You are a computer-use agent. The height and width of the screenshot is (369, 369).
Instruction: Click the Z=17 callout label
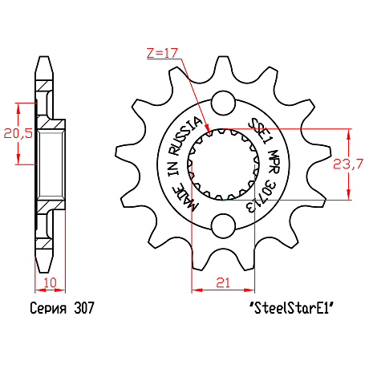pos(162,53)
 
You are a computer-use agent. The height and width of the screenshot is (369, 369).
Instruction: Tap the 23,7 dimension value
pos(348,164)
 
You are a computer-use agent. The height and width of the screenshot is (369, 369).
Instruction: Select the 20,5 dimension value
pos(18,133)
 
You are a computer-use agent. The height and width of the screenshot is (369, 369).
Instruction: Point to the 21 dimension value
pos(223,282)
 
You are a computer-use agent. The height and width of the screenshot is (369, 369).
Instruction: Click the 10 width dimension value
pos(50,282)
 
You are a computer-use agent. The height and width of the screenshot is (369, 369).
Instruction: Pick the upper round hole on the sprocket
pos(223,103)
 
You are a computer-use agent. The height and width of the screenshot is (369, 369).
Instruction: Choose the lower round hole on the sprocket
pos(223,225)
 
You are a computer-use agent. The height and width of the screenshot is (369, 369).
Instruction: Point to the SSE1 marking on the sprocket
pos(258,132)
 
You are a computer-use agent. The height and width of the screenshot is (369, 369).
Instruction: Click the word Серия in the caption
pos(48,308)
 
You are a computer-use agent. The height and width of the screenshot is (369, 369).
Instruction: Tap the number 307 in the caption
pos(84,308)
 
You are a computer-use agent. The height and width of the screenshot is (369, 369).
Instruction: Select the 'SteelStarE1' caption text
pos(292,308)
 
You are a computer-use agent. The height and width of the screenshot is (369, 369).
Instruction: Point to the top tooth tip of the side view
pos(44,56)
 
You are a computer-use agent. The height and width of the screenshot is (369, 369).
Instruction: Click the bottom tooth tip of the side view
pos(44,273)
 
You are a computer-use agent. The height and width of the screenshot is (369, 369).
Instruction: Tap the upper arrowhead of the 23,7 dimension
pos(348,134)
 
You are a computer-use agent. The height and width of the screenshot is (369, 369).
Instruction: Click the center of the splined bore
pos(223,164)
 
